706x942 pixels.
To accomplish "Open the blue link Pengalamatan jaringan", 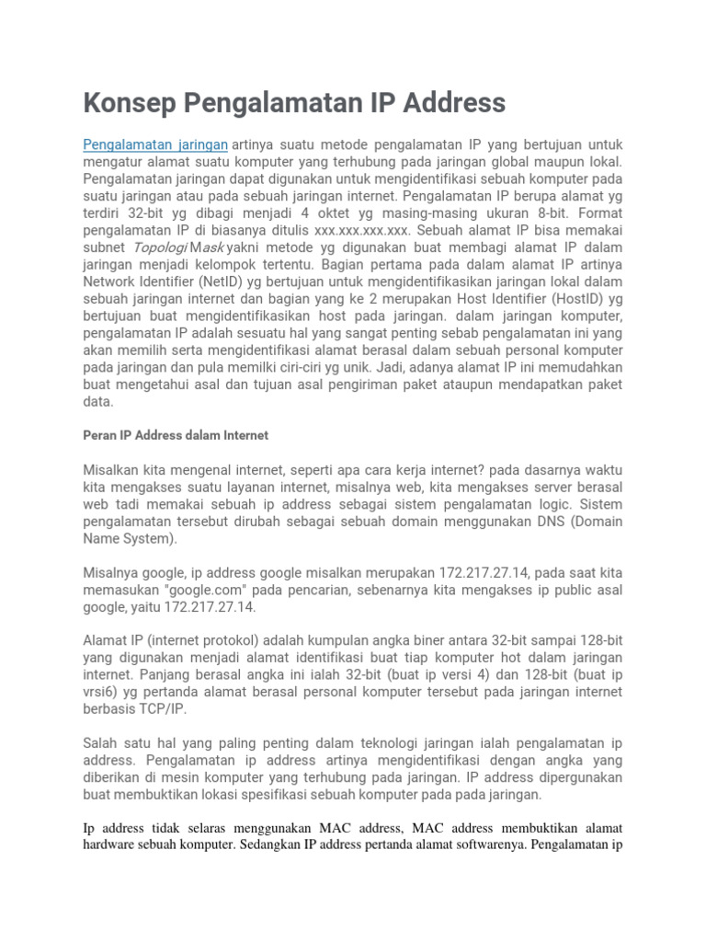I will click(x=155, y=145).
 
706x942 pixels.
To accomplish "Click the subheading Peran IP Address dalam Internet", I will click(x=176, y=434).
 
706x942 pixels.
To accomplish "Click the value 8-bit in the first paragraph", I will click(x=601, y=214).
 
